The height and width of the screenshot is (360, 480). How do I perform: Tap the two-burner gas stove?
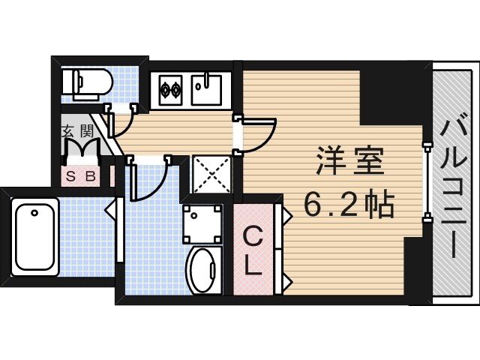click(169, 90)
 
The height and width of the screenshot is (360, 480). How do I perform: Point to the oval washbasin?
click(202, 271)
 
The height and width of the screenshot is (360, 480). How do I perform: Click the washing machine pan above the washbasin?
click(202, 220)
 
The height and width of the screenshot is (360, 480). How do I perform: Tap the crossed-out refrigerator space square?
click(211, 174)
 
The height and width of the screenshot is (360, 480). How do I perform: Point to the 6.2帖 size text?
click(349, 202)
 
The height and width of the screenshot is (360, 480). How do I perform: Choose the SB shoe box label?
click(80, 177)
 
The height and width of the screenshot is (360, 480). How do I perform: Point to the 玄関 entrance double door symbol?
click(81, 150)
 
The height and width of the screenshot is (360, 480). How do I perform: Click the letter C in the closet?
click(253, 238)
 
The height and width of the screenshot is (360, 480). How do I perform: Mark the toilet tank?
click(68, 80)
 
